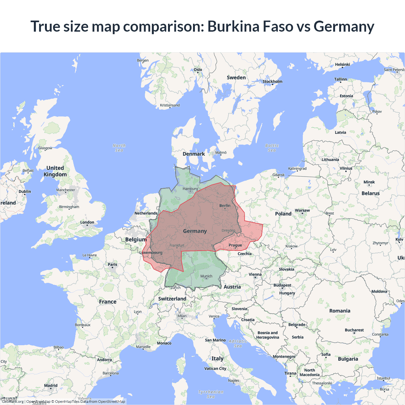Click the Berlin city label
pos(225,206)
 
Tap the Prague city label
pos(235,245)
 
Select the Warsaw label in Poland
pos(302,210)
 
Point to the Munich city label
pos(206,276)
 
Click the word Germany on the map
pos(195,231)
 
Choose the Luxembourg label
pos(151,252)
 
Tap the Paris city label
pos(112,265)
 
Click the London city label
pos(87,222)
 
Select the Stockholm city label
pos(272,82)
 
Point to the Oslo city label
pos(198,70)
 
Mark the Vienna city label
pos(255,275)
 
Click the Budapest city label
pos(282,285)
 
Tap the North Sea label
pos(119,148)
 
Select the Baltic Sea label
pos(272,148)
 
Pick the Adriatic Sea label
pos(238,343)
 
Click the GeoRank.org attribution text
pos(13,402)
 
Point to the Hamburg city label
pos(190,189)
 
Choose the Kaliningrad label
pos(297,169)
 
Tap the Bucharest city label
pos(354,330)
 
